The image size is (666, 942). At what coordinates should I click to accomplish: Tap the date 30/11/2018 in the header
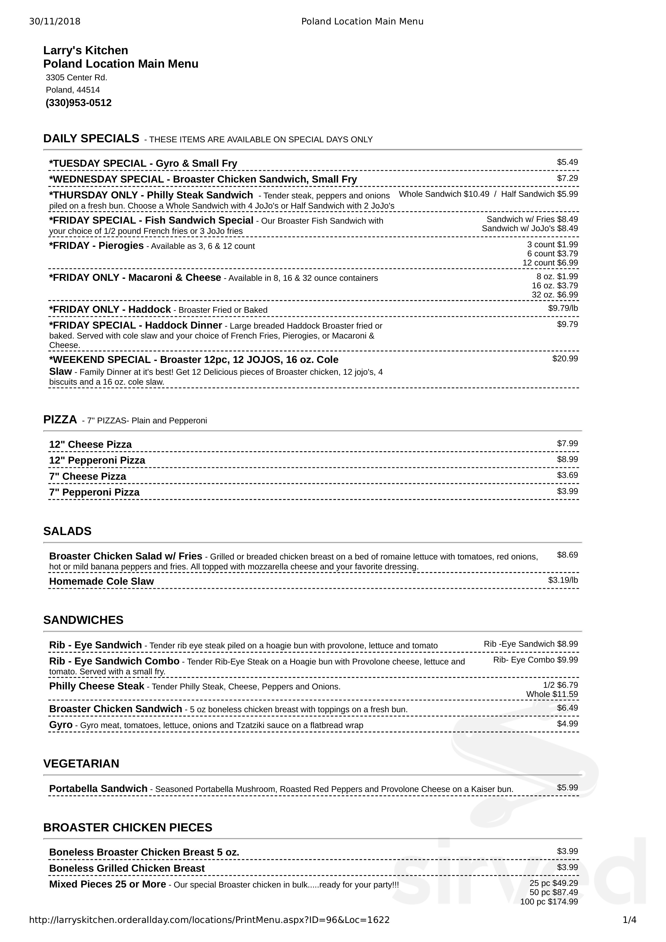point(55,21)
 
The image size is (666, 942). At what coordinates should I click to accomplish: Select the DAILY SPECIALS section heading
point(91,139)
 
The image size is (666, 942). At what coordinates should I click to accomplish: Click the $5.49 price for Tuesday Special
point(567,162)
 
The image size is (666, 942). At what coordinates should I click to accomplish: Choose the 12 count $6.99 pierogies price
point(550,263)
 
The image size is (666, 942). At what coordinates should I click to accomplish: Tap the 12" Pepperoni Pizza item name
point(97,460)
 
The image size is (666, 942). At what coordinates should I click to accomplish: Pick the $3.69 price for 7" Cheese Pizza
point(567,475)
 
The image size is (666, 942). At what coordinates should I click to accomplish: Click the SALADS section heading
point(67,531)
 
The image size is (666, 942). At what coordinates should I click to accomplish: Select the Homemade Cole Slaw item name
point(101,581)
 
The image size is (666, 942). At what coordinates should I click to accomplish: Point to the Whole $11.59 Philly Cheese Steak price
point(552,694)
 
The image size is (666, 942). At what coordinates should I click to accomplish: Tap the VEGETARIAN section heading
point(81,763)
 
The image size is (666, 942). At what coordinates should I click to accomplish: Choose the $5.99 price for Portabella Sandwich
point(567,787)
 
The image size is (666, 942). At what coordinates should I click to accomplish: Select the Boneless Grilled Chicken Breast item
point(127,868)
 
